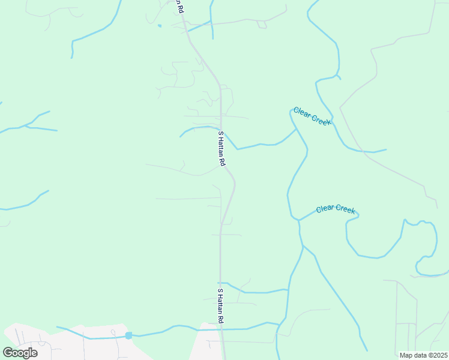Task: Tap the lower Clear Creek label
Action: tap(336, 209)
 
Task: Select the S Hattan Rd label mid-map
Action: tap(221, 149)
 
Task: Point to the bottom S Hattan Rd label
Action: tap(220, 306)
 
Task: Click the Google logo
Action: tap(20, 353)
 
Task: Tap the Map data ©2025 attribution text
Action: tap(423, 355)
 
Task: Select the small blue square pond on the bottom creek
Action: tap(128, 335)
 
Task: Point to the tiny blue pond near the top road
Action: tap(159, 26)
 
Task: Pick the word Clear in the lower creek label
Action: tap(325, 208)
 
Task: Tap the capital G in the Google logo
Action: tap(8, 353)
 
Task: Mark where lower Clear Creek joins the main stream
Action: tap(298, 220)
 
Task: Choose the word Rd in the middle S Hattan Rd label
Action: tap(222, 161)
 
